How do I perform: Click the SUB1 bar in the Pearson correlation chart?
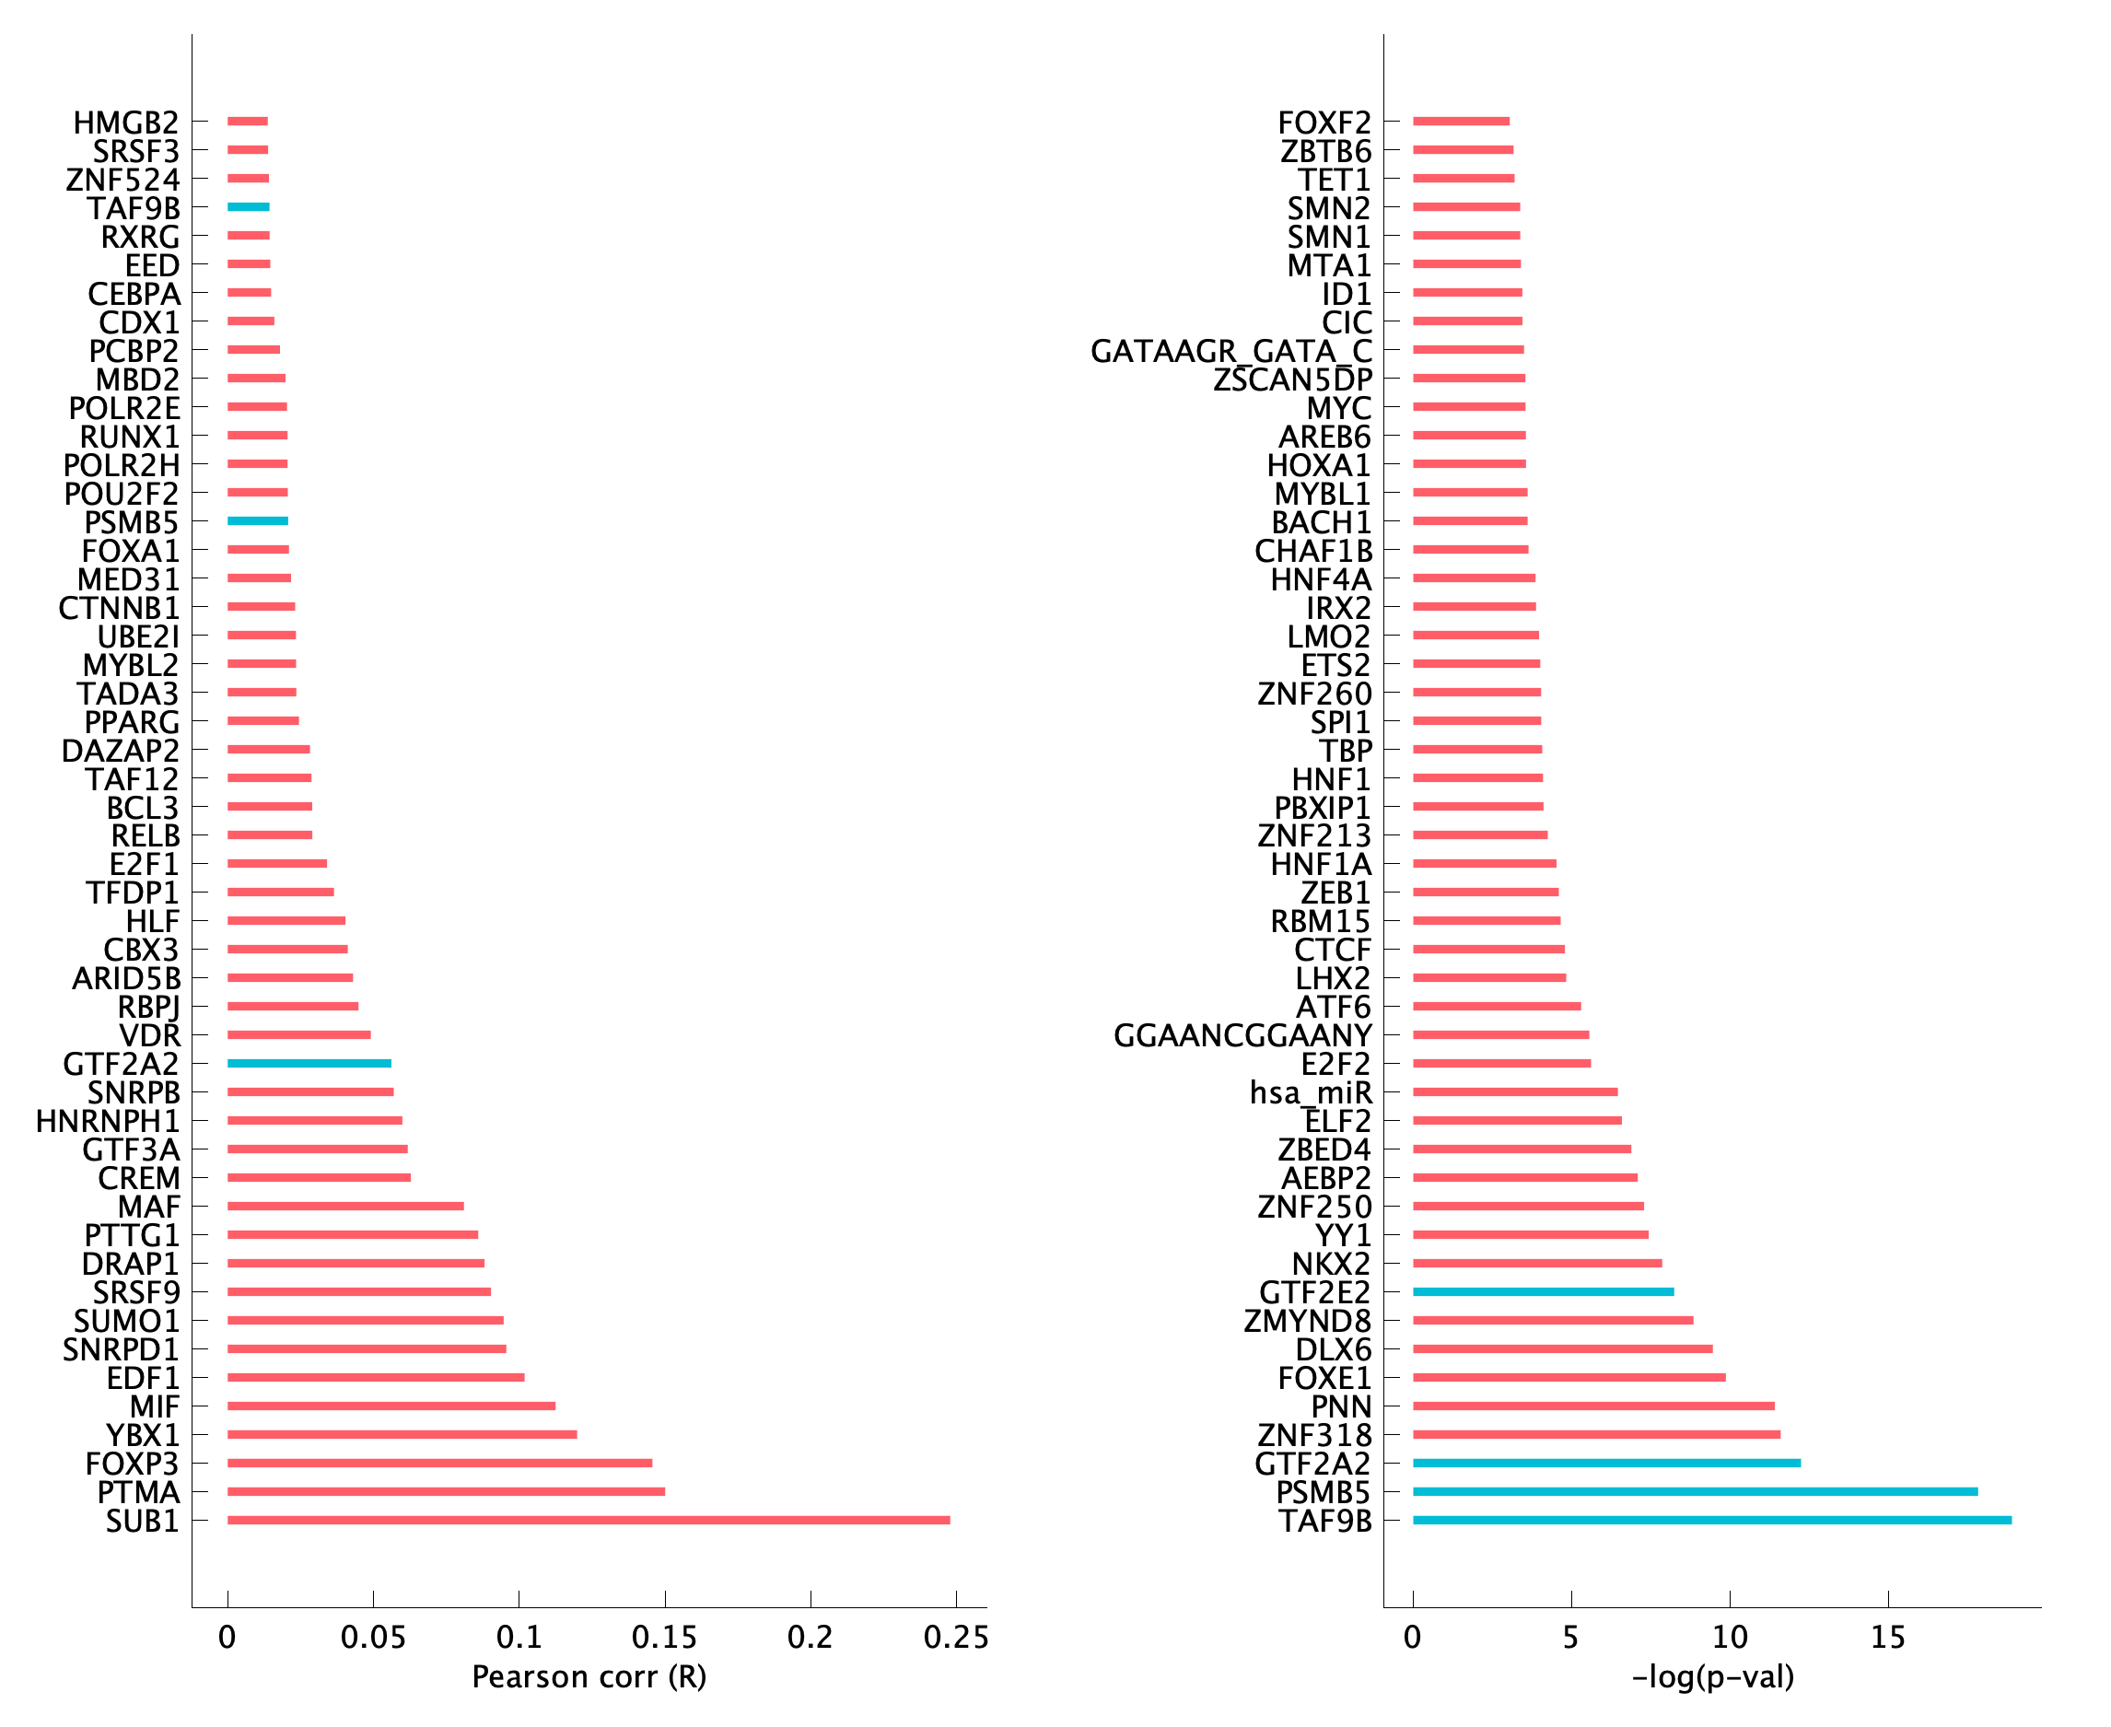tap(588, 1520)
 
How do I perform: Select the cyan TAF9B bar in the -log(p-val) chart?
tap(1711, 1520)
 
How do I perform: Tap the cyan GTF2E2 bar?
tap(1543, 1291)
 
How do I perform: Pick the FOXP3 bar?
tap(439, 1464)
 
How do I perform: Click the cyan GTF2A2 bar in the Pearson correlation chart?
tap(309, 1064)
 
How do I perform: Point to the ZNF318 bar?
tap(1596, 1434)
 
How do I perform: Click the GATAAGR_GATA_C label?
tap(1230, 351)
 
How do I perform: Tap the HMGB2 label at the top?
tap(126, 123)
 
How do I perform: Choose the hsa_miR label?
tap(1311, 1092)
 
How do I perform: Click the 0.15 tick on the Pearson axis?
tap(665, 1638)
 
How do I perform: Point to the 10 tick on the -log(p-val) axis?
tap(1730, 1638)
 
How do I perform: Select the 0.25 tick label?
tap(956, 1638)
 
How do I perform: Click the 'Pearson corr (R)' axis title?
tap(589, 1677)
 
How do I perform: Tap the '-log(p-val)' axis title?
tap(1713, 1677)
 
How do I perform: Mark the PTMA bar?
tap(446, 1491)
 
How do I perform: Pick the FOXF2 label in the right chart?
tap(1324, 123)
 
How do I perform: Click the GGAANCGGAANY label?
tap(1242, 1035)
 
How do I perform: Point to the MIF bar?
tap(391, 1406)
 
